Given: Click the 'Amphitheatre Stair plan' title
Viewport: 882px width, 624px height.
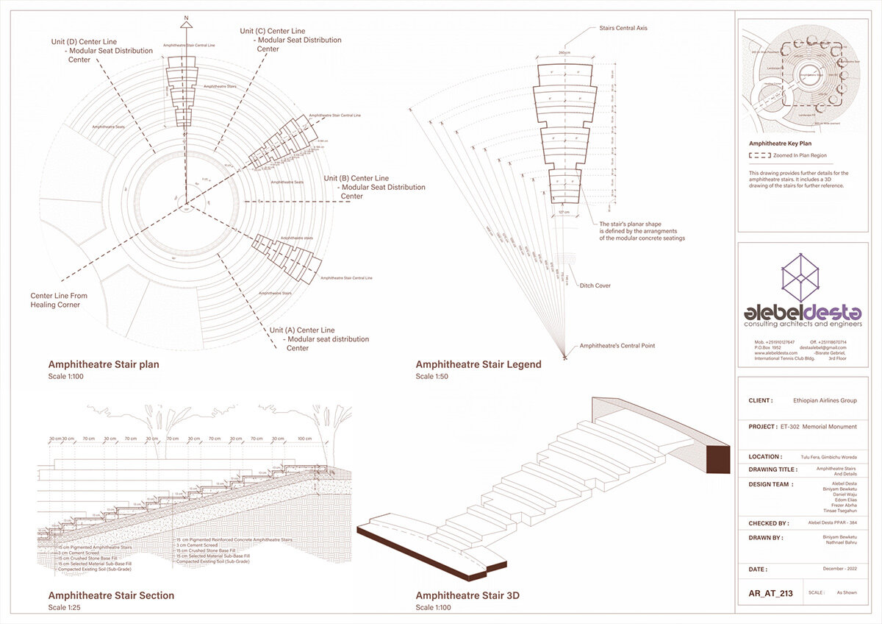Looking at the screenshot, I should (x=104, y=364).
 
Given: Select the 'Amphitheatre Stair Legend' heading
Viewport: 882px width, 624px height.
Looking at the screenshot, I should (x=478, y=364).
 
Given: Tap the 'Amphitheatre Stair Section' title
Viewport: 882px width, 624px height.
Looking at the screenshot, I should (x=111, y=595).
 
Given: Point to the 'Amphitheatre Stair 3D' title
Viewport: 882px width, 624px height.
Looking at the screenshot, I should (x=467, y=595).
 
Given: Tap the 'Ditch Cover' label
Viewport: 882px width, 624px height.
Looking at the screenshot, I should (x=595, y=286).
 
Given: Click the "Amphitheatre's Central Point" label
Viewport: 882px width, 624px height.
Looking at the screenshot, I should (x=617, y=345).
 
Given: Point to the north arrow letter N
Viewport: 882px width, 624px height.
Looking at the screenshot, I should (x=187, y=16).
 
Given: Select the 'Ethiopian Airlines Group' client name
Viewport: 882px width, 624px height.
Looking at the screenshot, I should (x=825, y=401).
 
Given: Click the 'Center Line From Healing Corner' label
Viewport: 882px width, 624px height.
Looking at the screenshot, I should (x=59, y=300).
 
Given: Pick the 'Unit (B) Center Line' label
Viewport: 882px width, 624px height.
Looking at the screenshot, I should (x=359, y=178).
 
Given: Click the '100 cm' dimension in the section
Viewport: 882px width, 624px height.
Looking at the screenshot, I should (x=304, y=439).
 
